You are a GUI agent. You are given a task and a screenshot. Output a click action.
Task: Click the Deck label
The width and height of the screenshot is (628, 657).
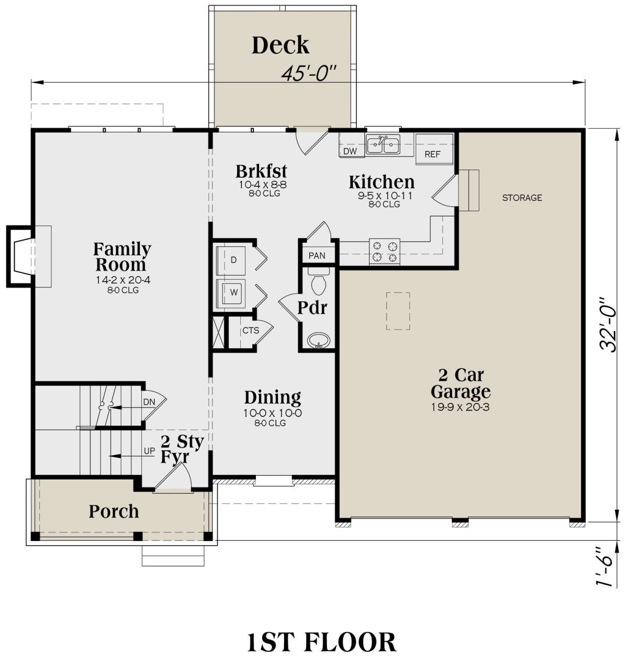pos(281,46)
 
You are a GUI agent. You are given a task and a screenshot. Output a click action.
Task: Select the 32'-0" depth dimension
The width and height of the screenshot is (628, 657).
pos(610,325)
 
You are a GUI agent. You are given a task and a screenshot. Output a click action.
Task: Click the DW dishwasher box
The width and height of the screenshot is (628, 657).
pos(350,152)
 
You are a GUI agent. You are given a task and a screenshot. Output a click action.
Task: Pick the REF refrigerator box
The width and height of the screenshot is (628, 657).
pos(432,154)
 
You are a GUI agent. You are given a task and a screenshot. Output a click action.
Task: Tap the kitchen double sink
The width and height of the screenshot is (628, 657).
pos(383,144)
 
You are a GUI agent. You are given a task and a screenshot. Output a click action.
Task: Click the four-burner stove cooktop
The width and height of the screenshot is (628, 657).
pos(385,251)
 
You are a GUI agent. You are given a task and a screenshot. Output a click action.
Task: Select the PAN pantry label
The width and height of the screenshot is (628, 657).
pos(317,255)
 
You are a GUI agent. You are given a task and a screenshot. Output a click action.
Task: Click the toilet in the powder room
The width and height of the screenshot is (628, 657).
pos(318,283)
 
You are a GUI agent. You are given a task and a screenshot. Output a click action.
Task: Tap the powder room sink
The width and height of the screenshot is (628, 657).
pos(318,341)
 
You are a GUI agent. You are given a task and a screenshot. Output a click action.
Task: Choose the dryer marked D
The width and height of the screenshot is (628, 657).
pos(233,260)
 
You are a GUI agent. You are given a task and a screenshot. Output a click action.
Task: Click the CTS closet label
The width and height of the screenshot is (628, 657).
pos(251,331)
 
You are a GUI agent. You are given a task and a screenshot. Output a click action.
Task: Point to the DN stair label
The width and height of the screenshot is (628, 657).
pos(149,402)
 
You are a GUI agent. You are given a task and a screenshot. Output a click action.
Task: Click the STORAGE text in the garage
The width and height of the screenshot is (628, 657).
pos(522,198)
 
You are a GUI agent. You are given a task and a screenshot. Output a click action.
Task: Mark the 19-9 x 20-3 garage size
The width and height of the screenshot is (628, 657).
pos(460,407)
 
